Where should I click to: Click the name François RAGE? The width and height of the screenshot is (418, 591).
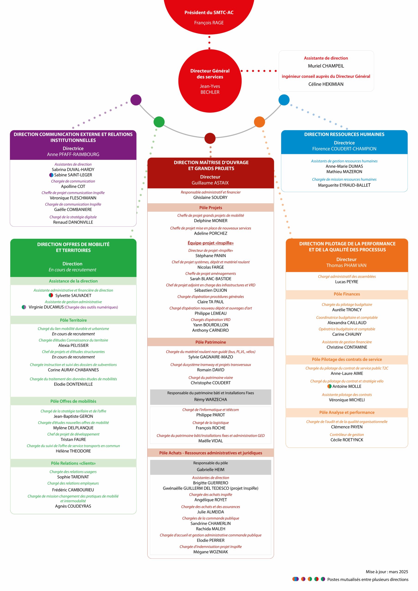click(209, 23)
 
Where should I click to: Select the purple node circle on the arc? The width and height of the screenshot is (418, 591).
click(136, 100)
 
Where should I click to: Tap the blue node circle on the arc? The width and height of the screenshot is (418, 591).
click(284, 100)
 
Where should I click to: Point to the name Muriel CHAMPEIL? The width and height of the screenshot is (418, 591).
click(326, 66)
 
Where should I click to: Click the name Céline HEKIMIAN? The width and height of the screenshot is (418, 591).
click(326, 84)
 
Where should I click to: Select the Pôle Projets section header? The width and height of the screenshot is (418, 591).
click(210, 208)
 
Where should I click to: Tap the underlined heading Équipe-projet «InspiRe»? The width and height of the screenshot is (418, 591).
click(210, 243)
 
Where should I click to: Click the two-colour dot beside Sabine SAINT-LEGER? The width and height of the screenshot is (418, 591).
click(51, 175)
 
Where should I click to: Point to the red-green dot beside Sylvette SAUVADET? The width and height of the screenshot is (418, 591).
click(51, 295)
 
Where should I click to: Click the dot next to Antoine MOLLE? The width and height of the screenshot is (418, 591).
click(329, 386)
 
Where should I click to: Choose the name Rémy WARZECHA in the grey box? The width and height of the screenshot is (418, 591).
click(210, 399)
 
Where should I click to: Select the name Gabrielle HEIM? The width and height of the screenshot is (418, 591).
click(210, 470)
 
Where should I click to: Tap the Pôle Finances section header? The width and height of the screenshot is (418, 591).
click(347, 294)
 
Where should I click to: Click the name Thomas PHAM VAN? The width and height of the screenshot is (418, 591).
click(346, 265)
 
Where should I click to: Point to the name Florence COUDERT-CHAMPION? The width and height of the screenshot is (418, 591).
click(344, 149)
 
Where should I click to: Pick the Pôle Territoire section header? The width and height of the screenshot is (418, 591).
click(73, 320)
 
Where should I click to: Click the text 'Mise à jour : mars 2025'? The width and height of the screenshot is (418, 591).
click(387, 572)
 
